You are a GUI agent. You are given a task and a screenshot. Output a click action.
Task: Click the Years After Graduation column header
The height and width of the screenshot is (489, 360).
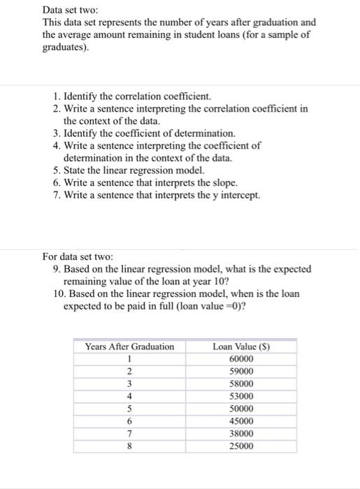pos(129,346)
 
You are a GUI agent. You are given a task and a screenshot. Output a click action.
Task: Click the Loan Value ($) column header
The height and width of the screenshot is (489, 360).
pos(241,346)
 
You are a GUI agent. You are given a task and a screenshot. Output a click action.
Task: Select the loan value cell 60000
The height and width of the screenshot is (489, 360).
pos(241,359)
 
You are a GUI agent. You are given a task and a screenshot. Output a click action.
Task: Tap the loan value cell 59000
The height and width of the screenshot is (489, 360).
pos(241,372)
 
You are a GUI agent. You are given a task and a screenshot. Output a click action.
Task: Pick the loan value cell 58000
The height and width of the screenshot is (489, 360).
pos(241,384)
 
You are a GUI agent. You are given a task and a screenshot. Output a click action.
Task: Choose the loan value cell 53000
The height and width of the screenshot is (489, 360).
pos(241,397)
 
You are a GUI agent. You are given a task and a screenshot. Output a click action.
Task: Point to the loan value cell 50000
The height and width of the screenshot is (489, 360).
pos(241,409)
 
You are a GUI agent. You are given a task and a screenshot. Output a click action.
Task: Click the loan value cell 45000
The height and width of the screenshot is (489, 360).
pos(241,421)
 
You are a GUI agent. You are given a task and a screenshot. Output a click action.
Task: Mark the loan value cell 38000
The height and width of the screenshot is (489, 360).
pos(241,434)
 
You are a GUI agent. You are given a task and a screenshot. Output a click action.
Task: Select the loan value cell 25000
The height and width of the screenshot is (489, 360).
pos(241,446)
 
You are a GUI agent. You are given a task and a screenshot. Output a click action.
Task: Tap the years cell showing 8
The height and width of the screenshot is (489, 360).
pos(129,446)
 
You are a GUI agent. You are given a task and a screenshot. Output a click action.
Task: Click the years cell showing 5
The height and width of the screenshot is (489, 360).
pos(129,409)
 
